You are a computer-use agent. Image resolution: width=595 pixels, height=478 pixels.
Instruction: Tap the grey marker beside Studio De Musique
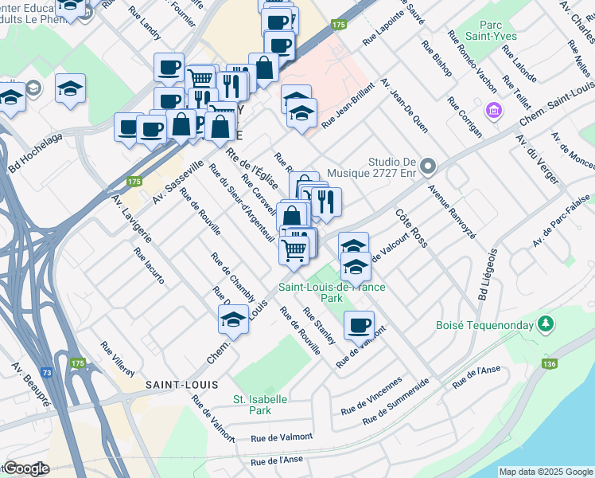428,167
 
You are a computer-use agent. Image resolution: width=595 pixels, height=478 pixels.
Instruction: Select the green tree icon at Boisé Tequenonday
545,323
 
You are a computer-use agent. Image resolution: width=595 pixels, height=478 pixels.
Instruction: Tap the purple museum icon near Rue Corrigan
494,109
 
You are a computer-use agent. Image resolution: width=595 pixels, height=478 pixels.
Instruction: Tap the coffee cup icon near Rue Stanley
359,325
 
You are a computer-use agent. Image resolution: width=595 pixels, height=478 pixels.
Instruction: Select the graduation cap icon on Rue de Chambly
232,319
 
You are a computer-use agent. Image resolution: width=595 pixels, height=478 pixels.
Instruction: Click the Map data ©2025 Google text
545,472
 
